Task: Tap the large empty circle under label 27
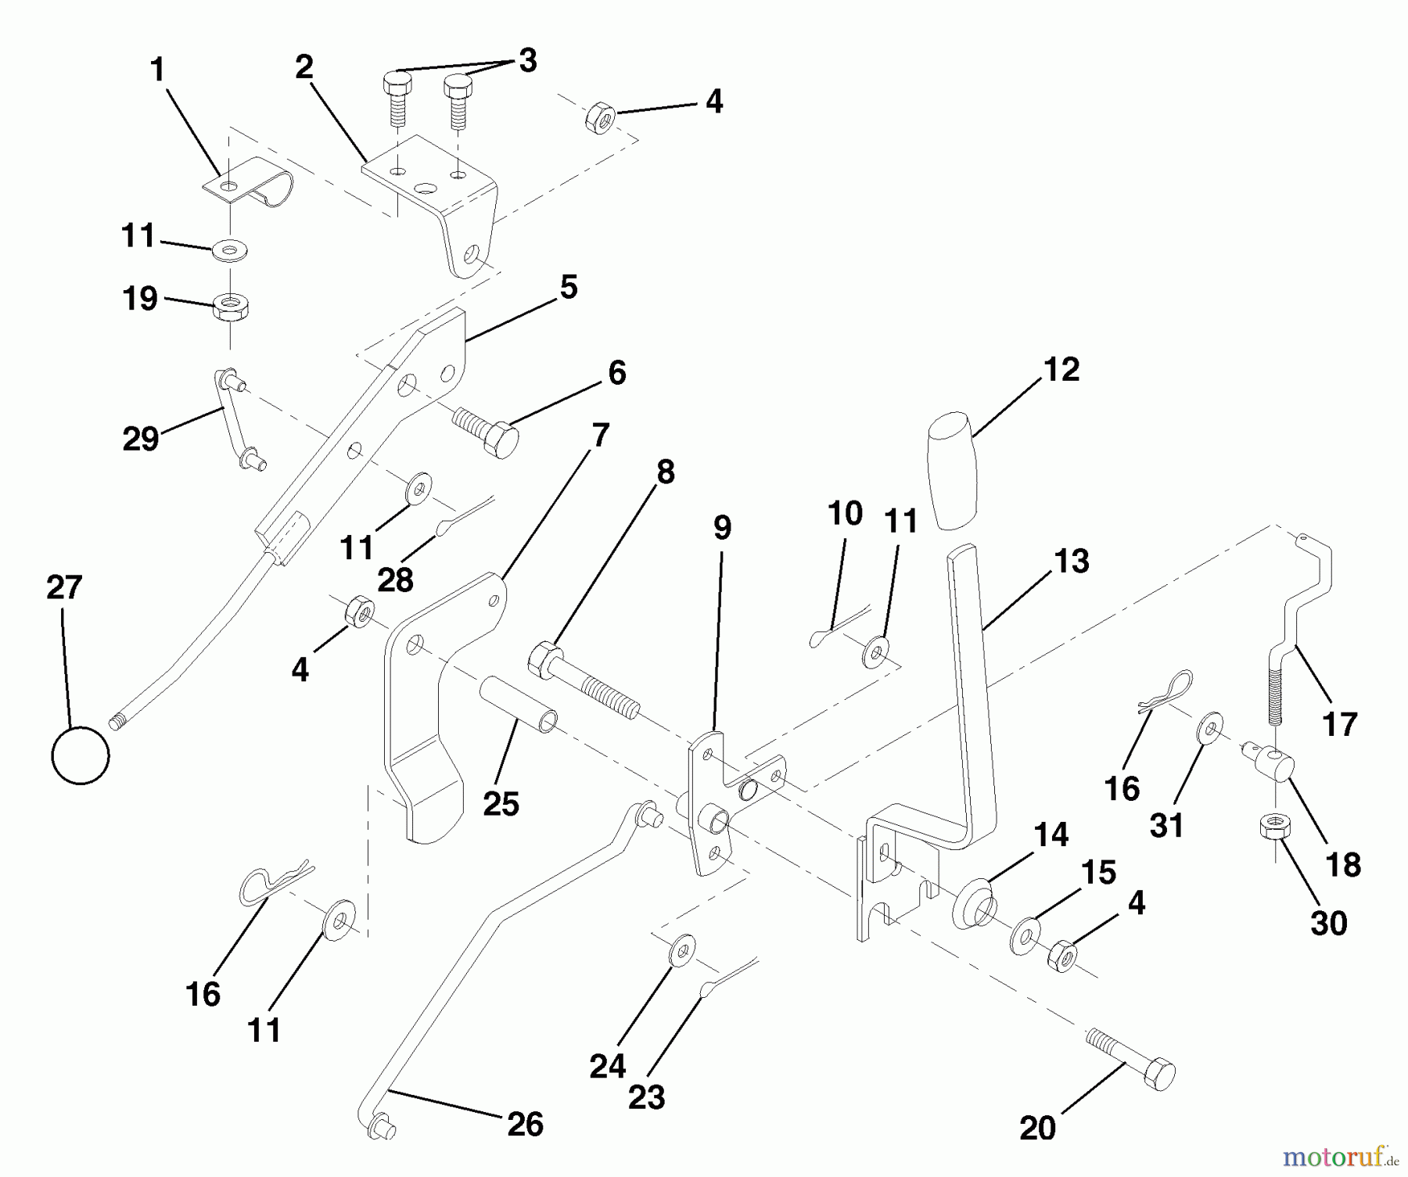pyautogui.click(x=80, y=755)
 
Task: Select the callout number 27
pyautogui.click(x=64, y=587)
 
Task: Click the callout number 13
pyautogui.click(x=1071, y=561)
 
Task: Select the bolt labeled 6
pyautogui.click(x=485, y=431)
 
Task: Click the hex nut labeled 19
pyautogui.click(x=230, y=306)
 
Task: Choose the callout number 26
pyautogui.click(x=524, y=1124)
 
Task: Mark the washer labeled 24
pyautogui.click(x=683, y=951)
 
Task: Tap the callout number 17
pyautogui.click(x=1339, y=724)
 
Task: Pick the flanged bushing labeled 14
pyautogui.click(x=972, y=906)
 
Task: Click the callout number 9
pyautogui.click(x=722, y=527)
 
